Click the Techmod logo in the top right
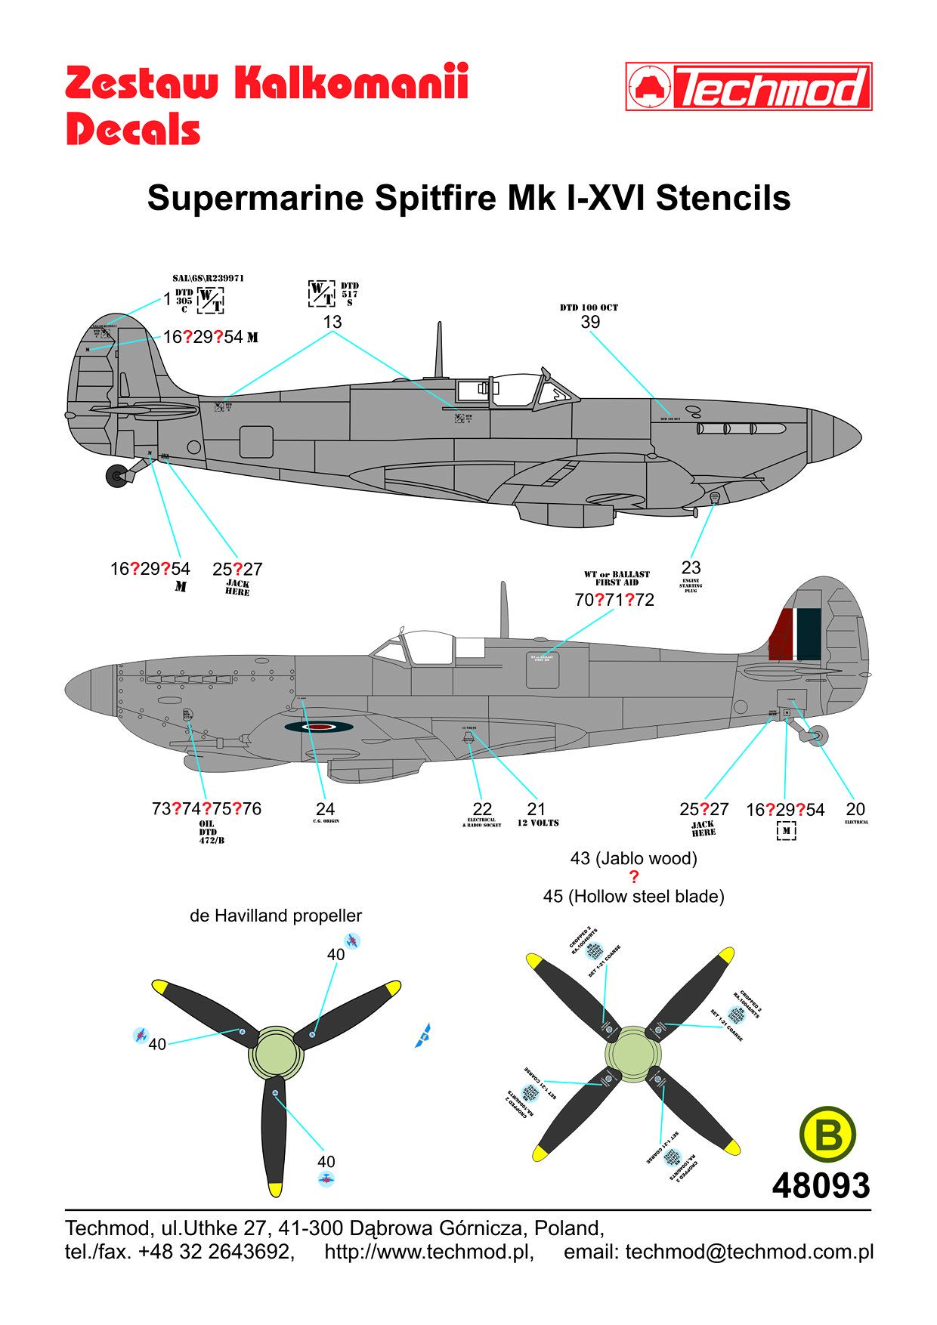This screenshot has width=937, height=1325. pyautogui.click(x=749, y=87)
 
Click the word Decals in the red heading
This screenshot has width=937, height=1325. pyautogui.click(x=133, y=129)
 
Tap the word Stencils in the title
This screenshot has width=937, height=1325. pyautogui.click(x=723, y=198)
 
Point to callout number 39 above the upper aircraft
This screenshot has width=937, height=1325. pyautogui.click(x=590, y=322)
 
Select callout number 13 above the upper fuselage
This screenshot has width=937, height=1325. pyautogui.click(x=332, y=322)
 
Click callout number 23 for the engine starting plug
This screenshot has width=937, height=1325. pyautogui.click(x=691, y=567)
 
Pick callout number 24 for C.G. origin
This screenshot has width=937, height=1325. pyautogui.click(x=325, y=809)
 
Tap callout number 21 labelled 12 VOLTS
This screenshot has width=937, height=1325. pyautogui.click(x=536, y=809)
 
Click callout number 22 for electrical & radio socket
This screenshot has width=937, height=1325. pyautogui.click(x=482, y=809)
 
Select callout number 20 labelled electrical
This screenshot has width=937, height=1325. pyautogui.click(x=855, y=809)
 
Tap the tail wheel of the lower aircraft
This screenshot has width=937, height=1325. pyautogui.click(x=818, y=735)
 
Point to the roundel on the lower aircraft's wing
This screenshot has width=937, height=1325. pyautogui.click(x=320, y=727)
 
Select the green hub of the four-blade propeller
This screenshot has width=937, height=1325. pyautogui.click(x=633, y=1056)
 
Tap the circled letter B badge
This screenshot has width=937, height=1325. pyautogui.click(x=827, y=1135)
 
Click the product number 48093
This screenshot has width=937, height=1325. pyautogui.click(x=821, y=1185)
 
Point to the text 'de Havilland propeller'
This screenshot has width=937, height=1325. pyautogui.click(x=276, y=916)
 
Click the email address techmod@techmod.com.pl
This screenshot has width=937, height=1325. pyautogui.click(x=749, y=1252)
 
